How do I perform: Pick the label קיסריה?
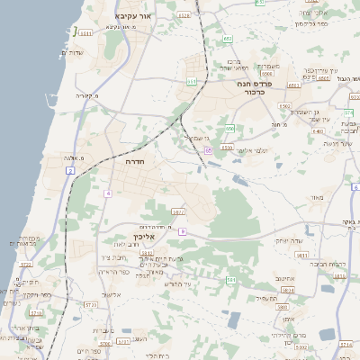[85, 95]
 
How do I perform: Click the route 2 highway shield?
[70, 171]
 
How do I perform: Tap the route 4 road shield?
[108, 193]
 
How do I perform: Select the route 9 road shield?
[182, 231]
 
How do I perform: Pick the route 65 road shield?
[208, 150]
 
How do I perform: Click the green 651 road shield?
[191, 82]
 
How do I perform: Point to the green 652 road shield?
[228, 39]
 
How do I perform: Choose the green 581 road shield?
[231, 280]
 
